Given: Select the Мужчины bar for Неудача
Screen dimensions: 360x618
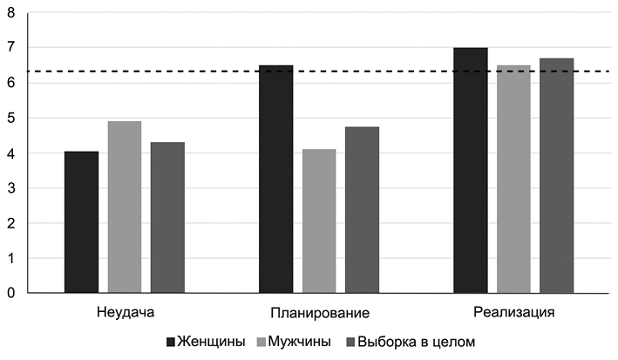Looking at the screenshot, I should tap(125, 207).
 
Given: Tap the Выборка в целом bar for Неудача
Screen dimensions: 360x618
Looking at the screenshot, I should tap(167, 217).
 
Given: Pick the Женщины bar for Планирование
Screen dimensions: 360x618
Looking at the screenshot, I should tap(276, 179).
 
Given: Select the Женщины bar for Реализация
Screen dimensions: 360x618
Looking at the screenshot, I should tap(471, 170).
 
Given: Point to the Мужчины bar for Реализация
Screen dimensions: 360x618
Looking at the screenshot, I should tap(513, 179).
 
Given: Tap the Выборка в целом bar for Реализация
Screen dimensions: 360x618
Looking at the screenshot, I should tap(556, 175).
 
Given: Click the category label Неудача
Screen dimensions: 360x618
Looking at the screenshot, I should tap(125, 312).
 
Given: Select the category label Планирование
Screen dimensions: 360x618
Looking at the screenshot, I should tap(319, 312).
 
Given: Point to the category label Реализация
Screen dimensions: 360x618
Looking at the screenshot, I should tap(513, 312).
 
